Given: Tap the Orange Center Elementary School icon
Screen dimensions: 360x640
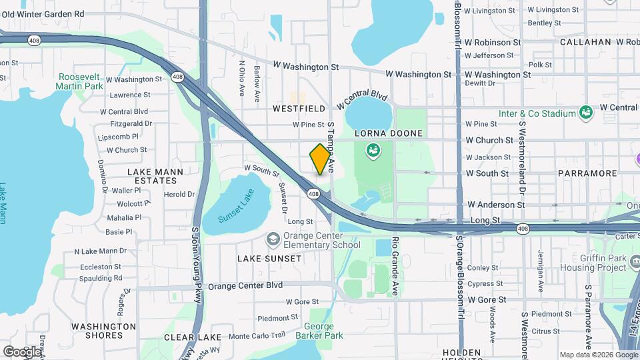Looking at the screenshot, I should coord(272,239).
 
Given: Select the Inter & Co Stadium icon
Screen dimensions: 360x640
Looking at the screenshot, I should coord(586,113).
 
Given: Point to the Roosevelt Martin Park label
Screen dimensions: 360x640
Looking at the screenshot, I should coord(80,81).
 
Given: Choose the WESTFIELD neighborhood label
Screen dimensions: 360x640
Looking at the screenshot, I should coord(298,108).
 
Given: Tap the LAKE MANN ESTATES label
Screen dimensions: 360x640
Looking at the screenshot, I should coord(151,176).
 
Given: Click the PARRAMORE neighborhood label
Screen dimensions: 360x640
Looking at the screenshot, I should coord(588,173).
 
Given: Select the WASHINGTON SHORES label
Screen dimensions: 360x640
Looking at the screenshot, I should coord(104,331).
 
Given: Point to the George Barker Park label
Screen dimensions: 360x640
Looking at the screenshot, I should coord(323,331).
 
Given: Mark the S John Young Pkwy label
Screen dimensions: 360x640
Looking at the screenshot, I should coord(196,265).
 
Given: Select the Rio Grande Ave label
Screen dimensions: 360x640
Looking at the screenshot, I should coord(395,265).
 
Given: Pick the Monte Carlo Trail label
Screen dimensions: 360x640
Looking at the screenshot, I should coord(257,335).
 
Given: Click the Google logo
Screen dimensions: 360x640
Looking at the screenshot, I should coord(22,351).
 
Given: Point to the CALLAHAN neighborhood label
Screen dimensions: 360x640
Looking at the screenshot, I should coord(585,41).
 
